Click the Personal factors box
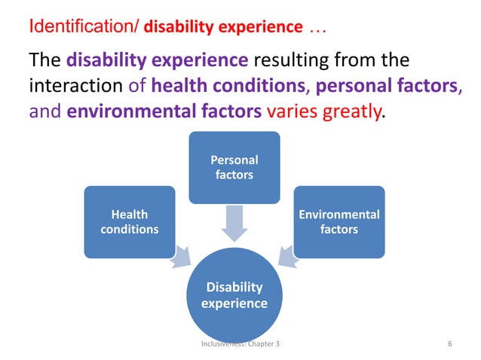click(234, 167)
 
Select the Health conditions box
click(130, 221)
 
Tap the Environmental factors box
click(339, 221)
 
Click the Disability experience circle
click(234, 294)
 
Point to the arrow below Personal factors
click(234, 223)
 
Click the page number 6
click(450, 344)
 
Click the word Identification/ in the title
click(83, 28)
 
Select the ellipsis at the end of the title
click(317, 28)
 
